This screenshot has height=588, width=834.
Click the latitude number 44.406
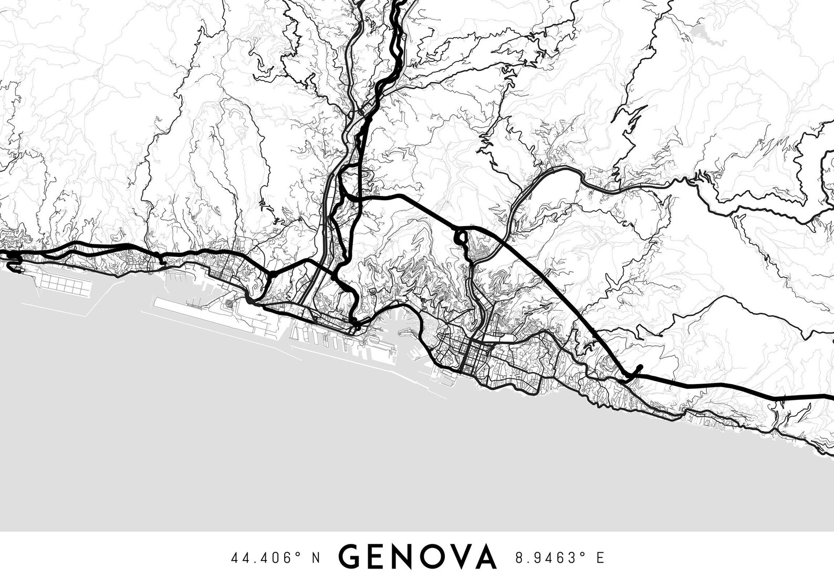click(262, 558)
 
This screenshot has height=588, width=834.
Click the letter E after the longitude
click(600, 558)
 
